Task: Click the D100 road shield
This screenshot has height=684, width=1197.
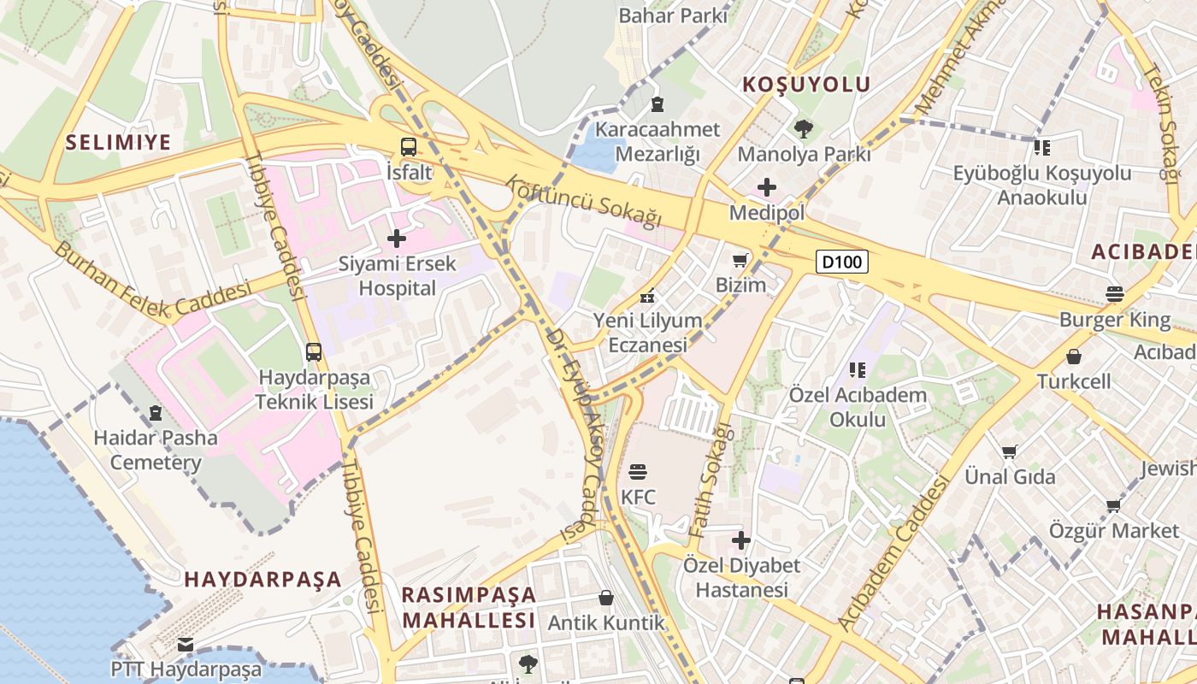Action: point(842,262)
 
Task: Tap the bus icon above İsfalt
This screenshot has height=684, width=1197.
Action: point(409,146)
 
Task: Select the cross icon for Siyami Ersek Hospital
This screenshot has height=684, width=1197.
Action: point(397,239)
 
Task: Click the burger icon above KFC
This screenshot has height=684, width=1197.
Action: point(638,471)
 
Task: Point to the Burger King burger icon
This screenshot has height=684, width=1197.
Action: point(1114,294)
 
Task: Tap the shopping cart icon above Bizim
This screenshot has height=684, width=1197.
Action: point(740,259)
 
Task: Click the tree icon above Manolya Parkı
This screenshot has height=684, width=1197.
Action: point(804,129)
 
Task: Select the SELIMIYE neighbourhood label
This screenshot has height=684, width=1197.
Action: point(119,142)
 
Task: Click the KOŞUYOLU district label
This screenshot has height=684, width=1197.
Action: point(806,84)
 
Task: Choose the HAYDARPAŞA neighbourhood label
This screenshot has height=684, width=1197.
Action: point(263,579)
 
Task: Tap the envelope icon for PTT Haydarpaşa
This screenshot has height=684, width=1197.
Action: point(186,644)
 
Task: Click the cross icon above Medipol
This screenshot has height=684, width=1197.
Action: point(767,186)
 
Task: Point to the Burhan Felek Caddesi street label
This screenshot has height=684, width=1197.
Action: point(154,280)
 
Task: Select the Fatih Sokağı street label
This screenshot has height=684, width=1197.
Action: point(711,479)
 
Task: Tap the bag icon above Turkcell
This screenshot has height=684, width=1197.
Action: point(1074,356)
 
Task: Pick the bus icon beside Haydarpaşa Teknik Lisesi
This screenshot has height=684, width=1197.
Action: point(314,351)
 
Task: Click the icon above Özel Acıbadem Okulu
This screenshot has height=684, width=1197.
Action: point(858,370)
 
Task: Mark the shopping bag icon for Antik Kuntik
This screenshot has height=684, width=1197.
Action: point(606,597)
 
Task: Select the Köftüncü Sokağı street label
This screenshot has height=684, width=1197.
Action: point(585,202)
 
